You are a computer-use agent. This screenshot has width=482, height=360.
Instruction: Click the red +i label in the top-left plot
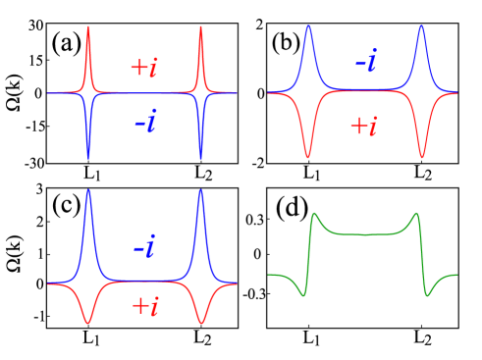pos(143,68)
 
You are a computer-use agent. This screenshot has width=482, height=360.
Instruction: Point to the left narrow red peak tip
pos(88,27)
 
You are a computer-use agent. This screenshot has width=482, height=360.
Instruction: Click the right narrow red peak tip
pos(201,27)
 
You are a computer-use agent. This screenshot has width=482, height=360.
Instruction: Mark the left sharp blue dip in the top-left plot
pos(88,156)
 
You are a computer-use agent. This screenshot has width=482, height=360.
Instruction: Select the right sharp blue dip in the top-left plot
pos(201,156)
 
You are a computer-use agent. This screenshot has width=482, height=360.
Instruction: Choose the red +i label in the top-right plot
pos(363,126)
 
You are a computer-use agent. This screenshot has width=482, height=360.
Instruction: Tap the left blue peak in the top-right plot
pos(308,27)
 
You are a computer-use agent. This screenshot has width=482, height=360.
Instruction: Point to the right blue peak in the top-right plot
pos(421,27)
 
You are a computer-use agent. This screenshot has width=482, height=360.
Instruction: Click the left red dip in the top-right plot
pos(308,156)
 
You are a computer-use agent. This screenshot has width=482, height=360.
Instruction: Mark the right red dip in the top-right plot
pos(421,156)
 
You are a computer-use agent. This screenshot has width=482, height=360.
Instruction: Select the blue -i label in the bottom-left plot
pos(144,248)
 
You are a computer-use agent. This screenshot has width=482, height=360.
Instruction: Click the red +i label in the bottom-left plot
pos(144,306)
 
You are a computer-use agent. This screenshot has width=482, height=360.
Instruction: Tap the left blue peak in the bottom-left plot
pos(88,191)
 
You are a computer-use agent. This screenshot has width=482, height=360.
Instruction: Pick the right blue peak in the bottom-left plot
pos(201,191)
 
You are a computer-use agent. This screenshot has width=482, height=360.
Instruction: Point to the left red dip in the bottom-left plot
pos(88,323)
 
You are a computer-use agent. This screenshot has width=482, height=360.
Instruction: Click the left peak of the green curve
pos(314,213)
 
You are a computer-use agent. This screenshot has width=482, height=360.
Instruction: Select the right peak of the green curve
pos(416,213)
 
